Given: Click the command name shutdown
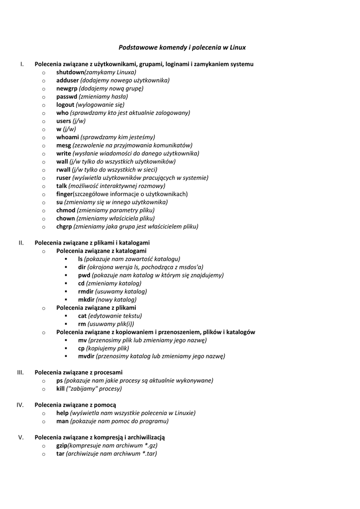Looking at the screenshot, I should coord(70,72).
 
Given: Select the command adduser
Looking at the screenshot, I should coord(67,80).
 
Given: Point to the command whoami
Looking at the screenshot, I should coord(67,137).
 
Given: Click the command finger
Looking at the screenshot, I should coord(64,194).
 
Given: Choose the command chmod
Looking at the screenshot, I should coord(66,210).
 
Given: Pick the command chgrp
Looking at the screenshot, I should coord(64,227).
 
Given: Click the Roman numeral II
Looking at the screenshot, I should coord(21,243).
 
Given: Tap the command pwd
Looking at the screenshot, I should coord(84,275).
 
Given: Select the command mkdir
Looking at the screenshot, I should coord(86,300).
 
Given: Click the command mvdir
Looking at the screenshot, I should coord(86,356).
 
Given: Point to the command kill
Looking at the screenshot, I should coord(60,389).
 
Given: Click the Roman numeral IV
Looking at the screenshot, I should coord(20,405).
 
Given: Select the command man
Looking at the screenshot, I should coord(62,421).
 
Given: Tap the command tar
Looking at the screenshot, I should coord(60,454).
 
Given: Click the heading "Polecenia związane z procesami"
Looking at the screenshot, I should coord(78,372).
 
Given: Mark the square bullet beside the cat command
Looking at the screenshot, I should coord(66,316).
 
